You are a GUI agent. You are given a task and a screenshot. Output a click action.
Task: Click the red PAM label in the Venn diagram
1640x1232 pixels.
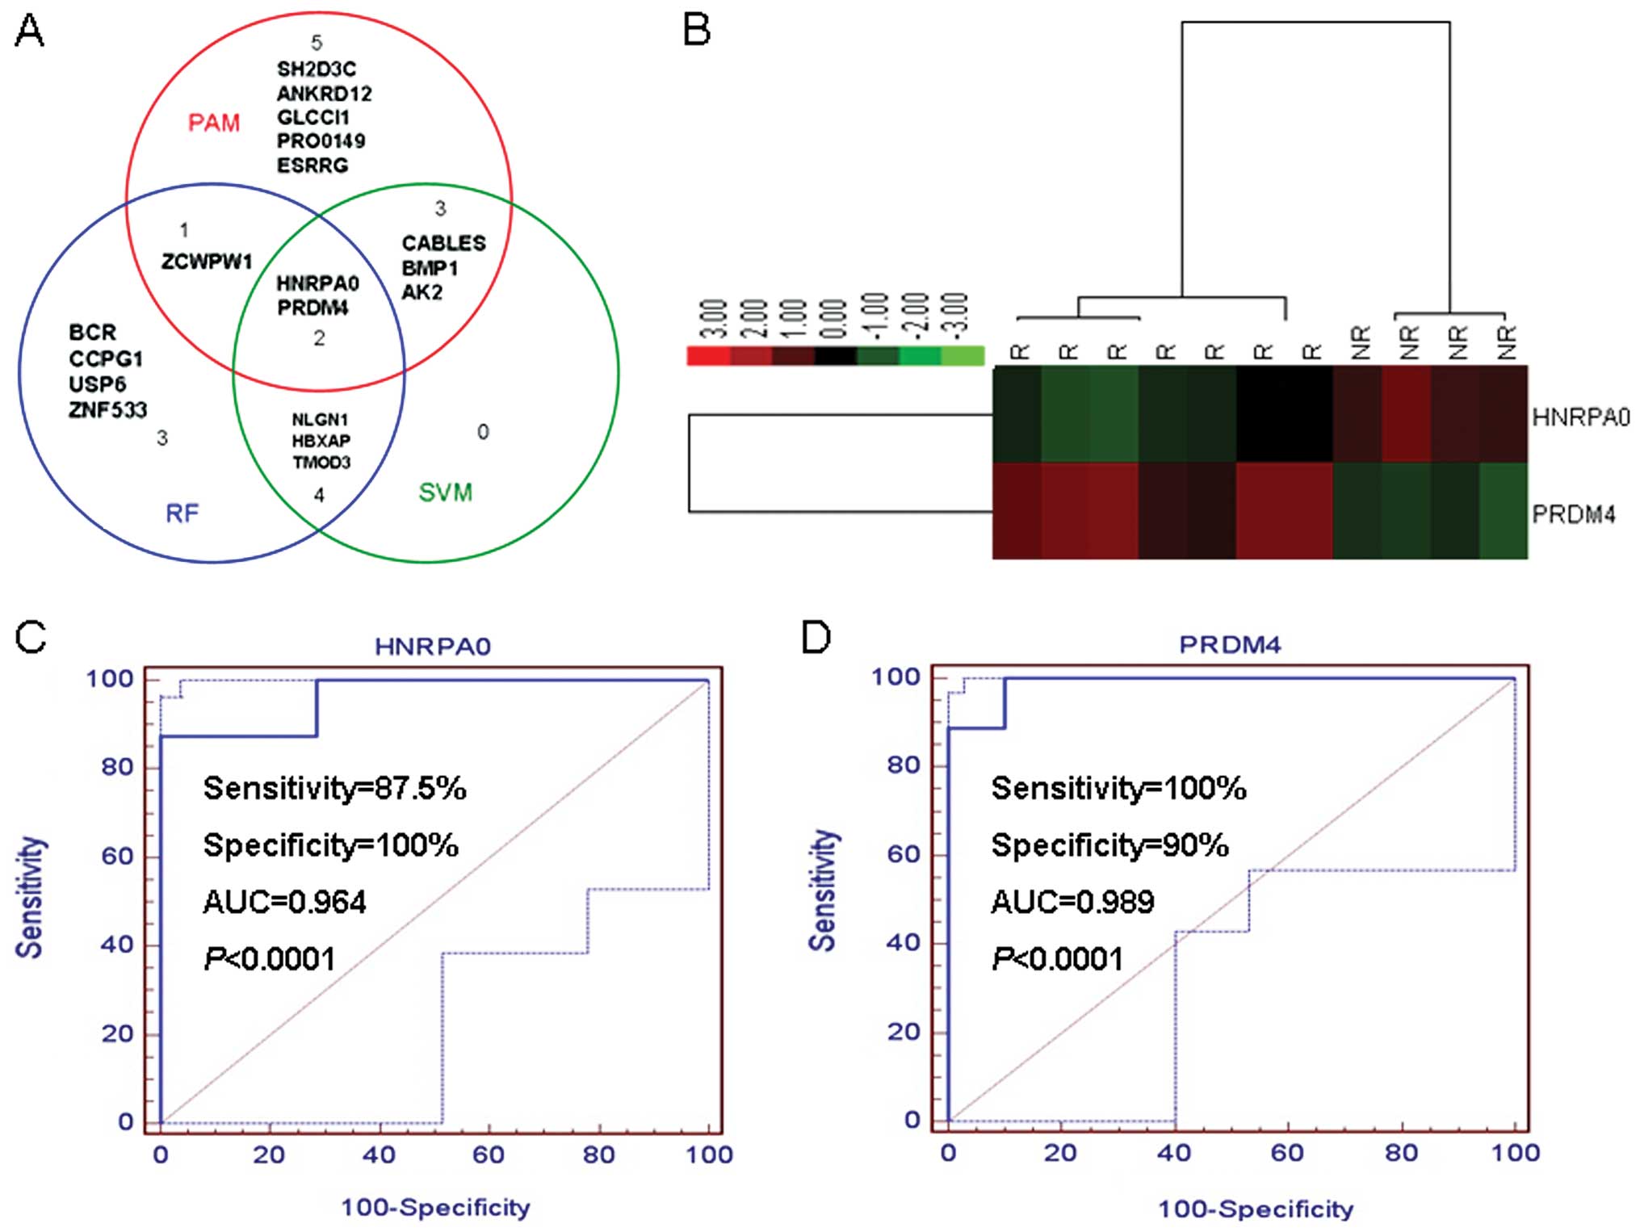[x=214, y=123]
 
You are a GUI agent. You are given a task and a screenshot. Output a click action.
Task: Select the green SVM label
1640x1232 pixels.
[x=445, y=492]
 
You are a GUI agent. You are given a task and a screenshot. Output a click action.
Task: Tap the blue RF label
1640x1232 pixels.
[x=182, y=513]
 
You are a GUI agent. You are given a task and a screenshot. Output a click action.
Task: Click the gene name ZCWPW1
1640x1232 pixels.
[x=207, y=262]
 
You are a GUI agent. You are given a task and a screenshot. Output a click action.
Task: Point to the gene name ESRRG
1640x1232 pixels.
[x=312, y=166]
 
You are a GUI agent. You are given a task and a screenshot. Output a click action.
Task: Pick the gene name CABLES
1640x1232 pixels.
[x=443, y=243]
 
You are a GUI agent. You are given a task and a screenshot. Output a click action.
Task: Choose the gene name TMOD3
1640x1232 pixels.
[x=321, y=463]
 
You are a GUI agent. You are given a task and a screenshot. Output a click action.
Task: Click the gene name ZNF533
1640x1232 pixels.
[x=108, y=410]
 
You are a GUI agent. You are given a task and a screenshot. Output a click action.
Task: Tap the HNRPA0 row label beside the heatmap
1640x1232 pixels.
[x=1580, y=417]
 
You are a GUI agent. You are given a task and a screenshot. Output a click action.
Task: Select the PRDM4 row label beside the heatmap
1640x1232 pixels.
[x=1573, y=514]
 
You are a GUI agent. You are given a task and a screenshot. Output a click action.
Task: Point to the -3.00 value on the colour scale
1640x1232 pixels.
[x=956, y=316]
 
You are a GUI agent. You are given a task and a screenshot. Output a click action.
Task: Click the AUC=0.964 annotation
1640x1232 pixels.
[x=284, y=902]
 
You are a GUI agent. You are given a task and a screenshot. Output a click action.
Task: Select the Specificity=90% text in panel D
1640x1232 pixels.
[x=1109, y=845]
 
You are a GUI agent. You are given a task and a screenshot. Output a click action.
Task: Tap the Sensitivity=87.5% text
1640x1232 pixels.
[x=334, y=788]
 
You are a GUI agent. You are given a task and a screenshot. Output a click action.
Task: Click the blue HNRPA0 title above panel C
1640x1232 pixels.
[x=433, y=647]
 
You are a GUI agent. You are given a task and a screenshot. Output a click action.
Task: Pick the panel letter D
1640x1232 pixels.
[x=816, y=638]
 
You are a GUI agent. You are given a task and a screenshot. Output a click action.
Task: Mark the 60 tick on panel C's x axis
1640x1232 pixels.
[x=489, y=1155]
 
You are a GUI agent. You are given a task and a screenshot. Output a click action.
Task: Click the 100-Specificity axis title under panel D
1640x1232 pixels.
[x=1256, y=1209]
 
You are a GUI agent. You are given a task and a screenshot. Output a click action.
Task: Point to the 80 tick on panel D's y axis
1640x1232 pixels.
[x=904, y=765]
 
